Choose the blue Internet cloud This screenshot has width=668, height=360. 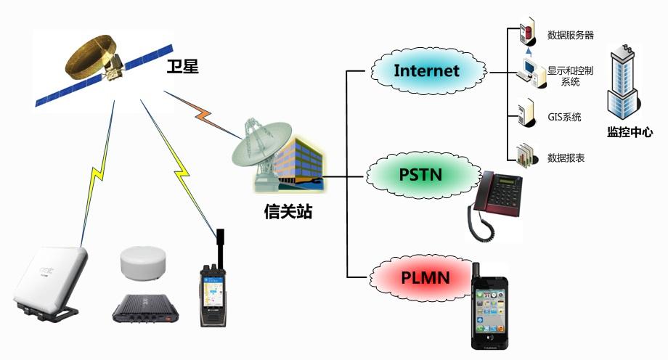point(427,70)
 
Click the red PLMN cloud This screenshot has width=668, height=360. point(425,277)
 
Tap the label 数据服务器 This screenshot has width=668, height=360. point(571,35)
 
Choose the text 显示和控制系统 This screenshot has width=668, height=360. point(570,76)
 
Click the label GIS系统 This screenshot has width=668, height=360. point(564,117)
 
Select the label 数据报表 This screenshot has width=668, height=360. point(566,157)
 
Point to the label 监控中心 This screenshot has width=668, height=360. point(630,132)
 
